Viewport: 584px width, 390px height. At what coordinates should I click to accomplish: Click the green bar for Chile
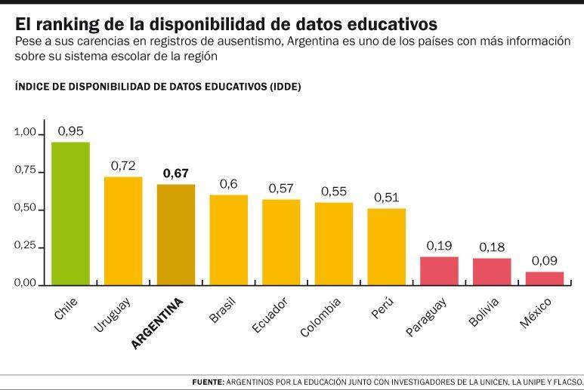(70, 213)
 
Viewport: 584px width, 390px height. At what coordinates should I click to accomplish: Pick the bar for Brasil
(228, 239)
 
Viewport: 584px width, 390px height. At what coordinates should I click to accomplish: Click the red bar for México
(545, 278)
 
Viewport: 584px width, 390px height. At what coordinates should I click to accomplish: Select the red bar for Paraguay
(439, 270)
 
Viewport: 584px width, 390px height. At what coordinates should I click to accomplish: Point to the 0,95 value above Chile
(70, 131)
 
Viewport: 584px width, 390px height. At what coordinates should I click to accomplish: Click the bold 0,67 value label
(175, 173)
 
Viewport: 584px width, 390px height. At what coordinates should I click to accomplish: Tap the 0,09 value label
(545, 260)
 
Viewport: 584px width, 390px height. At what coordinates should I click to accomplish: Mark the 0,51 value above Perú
(386, 197)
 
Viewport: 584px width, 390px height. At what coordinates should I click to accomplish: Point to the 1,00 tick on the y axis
(25, 133)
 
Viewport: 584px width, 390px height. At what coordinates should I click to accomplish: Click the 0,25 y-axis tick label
(25, 246)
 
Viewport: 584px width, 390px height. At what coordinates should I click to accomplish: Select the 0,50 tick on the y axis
(25, 208)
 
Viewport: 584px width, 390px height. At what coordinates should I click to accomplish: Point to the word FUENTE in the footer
(208, 382)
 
